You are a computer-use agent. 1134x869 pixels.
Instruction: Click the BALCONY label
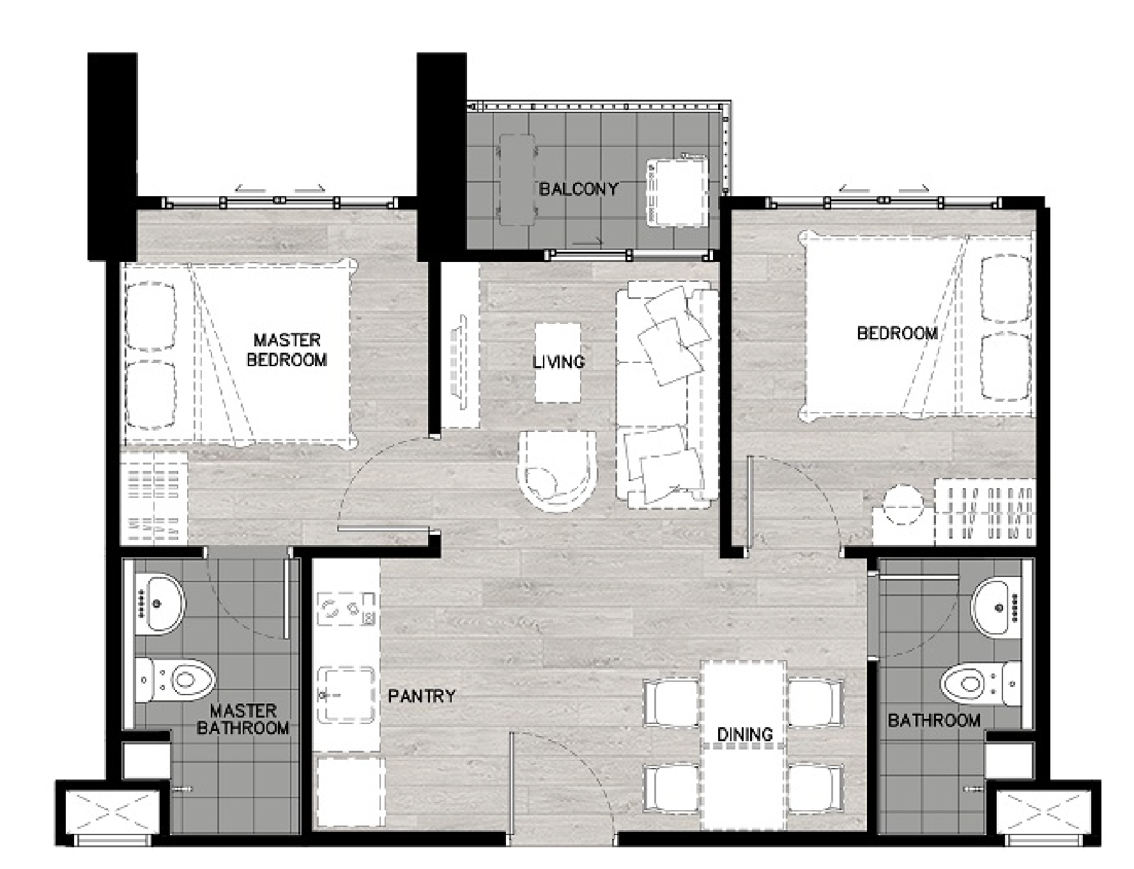[579, 189]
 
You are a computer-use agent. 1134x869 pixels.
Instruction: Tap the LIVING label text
[559, 362]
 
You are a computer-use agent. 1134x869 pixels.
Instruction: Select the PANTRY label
[422, 696]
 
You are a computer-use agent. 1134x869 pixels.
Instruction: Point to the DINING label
[745, 734]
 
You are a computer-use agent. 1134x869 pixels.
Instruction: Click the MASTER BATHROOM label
[243, 719]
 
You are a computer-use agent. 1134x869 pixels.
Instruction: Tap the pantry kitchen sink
[346, 695]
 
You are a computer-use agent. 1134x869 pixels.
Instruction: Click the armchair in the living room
[557, 472]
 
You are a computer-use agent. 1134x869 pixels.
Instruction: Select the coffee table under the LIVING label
[558, 363]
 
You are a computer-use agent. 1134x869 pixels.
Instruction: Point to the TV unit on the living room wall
[461, 347]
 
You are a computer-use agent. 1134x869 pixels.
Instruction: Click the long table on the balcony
[517, 180]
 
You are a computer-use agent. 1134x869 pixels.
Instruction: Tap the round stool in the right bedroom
[901, 505]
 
